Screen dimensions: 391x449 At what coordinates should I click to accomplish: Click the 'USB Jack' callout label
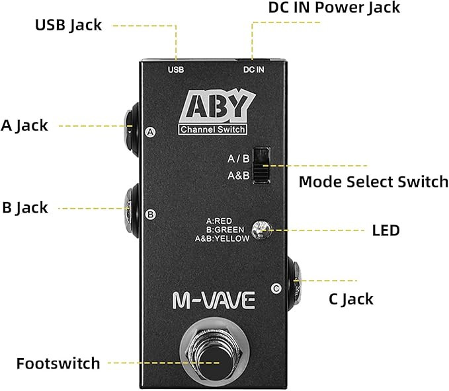pyautogui.click(x=68, y=25)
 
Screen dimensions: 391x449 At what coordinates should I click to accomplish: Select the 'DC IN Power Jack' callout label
pyautogui.click(x=334, y=8)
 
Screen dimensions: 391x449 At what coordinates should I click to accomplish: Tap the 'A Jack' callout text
pyautogui.click(x=24, y=125)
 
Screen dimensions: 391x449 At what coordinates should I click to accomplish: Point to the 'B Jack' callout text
pyautogui.click(x=24, y=207)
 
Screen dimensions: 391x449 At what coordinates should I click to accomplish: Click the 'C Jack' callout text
pyautogui.click(x=350, y=299)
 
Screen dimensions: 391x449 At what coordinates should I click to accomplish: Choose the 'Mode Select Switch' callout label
pyautogui.click(x=373, y=182)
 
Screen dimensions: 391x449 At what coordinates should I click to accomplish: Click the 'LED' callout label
pyautogui.click(x=386, y=230)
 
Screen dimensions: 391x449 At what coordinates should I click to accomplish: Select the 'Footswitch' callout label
pyautogui.click(x=58, y=363)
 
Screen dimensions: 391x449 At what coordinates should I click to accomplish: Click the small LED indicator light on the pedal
pyautogui.click(x=264, y=229)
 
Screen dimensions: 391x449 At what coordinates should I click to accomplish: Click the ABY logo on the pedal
pyautogui.click(x=216, y=106)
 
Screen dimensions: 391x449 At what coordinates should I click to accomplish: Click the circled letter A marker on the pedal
pyautogui.click(x=151, y=131)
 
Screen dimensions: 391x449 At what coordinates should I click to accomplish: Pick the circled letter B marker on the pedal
pyautogui.click(x=151, y=214)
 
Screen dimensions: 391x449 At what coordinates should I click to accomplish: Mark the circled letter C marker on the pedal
pyautogui.click(x=276, y=288)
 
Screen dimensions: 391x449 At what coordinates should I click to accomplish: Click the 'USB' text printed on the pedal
pyautogui.click(x=176, y=69)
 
